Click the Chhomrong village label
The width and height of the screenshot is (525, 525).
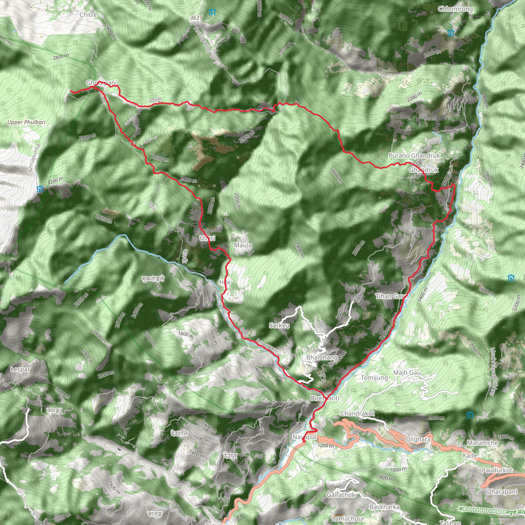click(456, 9)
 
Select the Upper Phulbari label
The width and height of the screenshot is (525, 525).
click(26, 122)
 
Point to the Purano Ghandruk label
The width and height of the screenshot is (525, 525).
click(414, 155)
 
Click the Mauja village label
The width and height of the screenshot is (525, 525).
click(243, 245)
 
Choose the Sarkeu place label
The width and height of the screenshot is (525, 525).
click(279, 325)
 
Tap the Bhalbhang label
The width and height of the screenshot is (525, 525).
click(322, 357)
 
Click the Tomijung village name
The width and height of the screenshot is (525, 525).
click(374, 378)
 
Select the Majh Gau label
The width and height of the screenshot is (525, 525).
click(407, 372)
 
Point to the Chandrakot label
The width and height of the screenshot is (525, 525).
click(357, 413)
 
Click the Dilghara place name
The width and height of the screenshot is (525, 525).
click(418, 439)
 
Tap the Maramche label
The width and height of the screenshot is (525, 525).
click(482, 443)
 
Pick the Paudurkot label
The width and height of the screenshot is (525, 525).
click(497, 470)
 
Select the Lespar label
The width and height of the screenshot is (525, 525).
click(20, 369)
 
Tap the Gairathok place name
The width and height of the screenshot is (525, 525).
click(341, 495)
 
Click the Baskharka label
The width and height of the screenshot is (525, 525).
click(385, 507)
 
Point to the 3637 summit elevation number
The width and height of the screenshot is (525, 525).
click(196, 18)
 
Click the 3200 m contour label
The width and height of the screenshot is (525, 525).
click(55, 180)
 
